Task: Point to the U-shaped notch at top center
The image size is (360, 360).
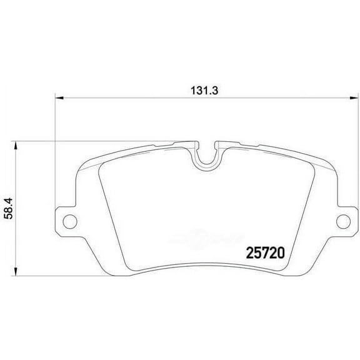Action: (x=206, y=156)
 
